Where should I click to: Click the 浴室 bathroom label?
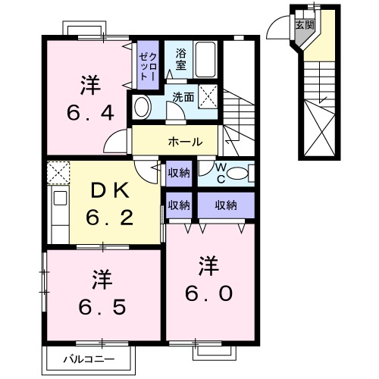[180, 60]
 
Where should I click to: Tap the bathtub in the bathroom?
[205, 58]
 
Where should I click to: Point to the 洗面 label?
[182, 97]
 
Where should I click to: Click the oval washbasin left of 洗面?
[142, 108]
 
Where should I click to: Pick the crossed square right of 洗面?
[211, 96]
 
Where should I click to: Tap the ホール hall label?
[185, 141]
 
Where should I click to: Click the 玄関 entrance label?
[305, 24]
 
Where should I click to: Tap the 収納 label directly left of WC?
[179, 172]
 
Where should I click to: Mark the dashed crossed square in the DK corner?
[58, 172]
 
